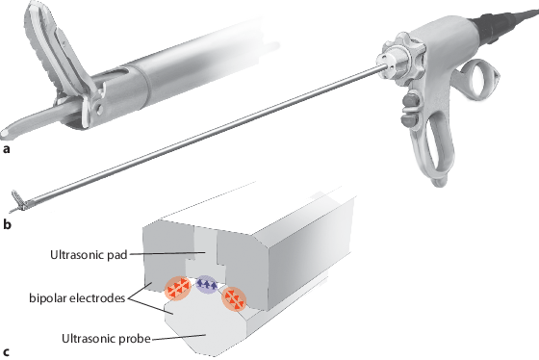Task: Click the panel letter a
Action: [x=7, y=149]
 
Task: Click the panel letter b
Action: [x=7, y=226]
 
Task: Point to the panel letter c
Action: [x=7, y=350]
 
